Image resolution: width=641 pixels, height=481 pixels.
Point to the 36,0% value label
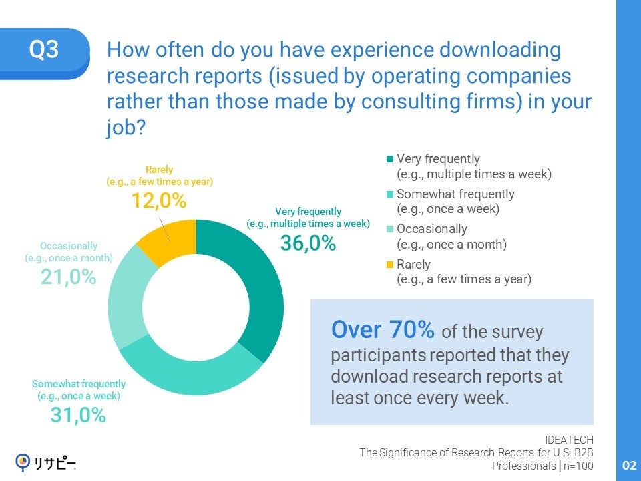308,244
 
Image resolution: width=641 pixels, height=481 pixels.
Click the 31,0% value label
78,415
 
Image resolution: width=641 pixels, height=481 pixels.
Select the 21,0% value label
68,277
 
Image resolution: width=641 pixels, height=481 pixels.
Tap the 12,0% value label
158,200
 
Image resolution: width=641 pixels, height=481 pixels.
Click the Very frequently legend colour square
390,160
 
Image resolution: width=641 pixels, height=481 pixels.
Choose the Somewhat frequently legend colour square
390,194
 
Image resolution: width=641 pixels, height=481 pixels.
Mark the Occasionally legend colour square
390,230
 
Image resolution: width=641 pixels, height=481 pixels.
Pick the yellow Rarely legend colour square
390,265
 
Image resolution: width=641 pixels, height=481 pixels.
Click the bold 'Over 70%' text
383,329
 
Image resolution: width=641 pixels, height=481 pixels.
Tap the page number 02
629,466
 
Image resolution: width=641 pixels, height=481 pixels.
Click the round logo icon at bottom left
23,461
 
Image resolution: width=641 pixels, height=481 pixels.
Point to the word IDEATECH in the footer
569,439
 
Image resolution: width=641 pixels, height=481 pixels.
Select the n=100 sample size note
577,466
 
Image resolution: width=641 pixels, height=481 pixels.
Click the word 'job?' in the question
126,128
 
